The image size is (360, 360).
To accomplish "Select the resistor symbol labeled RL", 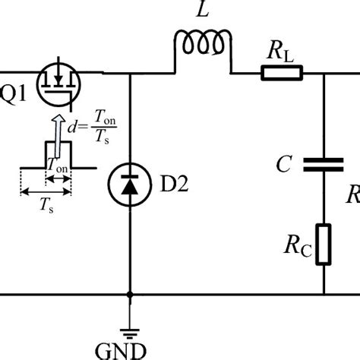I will click(282, 73).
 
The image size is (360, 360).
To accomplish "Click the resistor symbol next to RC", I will click(324, 244).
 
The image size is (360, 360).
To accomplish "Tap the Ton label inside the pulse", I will click(57, 163).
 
